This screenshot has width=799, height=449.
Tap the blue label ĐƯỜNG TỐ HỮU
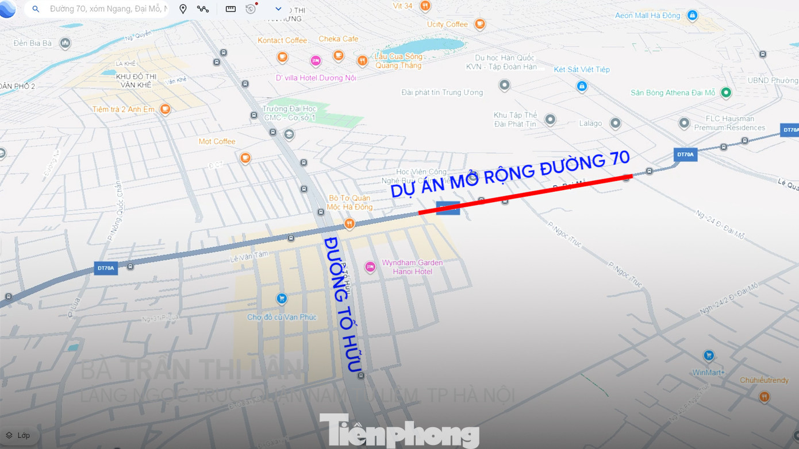point(343,304)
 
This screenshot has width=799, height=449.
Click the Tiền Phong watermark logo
point(399,430)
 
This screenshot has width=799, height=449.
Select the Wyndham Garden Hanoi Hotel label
point(412,267)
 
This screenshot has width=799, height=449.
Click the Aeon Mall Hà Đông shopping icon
point(692,16)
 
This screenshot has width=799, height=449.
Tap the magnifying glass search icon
point(36,9)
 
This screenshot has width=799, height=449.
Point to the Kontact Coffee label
point(282,40)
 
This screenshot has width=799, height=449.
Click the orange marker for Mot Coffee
point(245,157)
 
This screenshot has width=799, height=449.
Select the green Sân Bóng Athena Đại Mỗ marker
point(726,92)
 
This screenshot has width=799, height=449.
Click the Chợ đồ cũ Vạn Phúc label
point(282,317)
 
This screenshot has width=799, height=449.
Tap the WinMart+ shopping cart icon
point(709,355)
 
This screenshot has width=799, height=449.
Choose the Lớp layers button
point(18,435)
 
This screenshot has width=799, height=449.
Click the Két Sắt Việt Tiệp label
point(582,69)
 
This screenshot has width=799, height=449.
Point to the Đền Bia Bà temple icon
point(66,43)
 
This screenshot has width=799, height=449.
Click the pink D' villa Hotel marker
point(316,60)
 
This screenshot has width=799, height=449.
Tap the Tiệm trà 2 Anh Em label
point(123,109)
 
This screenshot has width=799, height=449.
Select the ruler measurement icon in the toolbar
point(231,9)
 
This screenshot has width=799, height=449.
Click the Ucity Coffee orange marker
point(479,24)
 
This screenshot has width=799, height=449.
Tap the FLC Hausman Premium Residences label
point(729,123)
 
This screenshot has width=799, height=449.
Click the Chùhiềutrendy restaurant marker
point(764,396)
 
